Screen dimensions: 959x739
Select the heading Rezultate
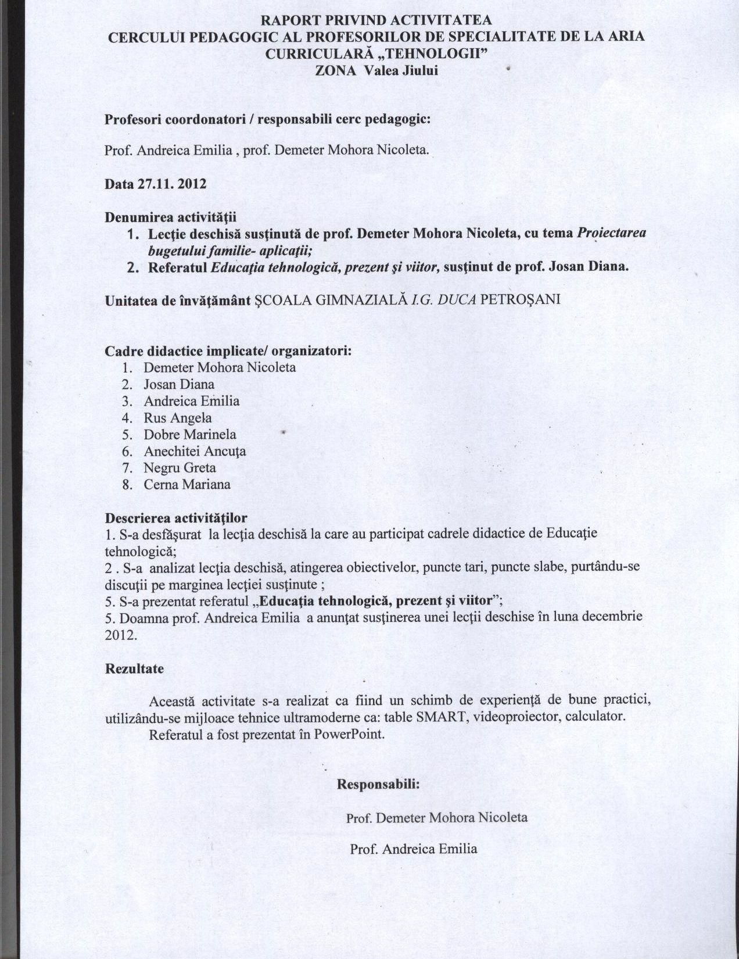coord(134,668)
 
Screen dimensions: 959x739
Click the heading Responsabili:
coord(378,783)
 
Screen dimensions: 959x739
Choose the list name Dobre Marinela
coord(190,435)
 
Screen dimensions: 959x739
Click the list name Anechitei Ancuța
coord(195,452)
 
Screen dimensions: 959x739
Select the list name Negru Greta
coord(180,468)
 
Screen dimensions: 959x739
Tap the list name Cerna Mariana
coord(187,485)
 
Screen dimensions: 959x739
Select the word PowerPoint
coord(349,734)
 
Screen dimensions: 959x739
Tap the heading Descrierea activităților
coord(175,518)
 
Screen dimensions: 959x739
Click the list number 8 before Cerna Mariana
coord(127,485)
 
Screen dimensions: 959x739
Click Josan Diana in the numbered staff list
coord(179,384)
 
